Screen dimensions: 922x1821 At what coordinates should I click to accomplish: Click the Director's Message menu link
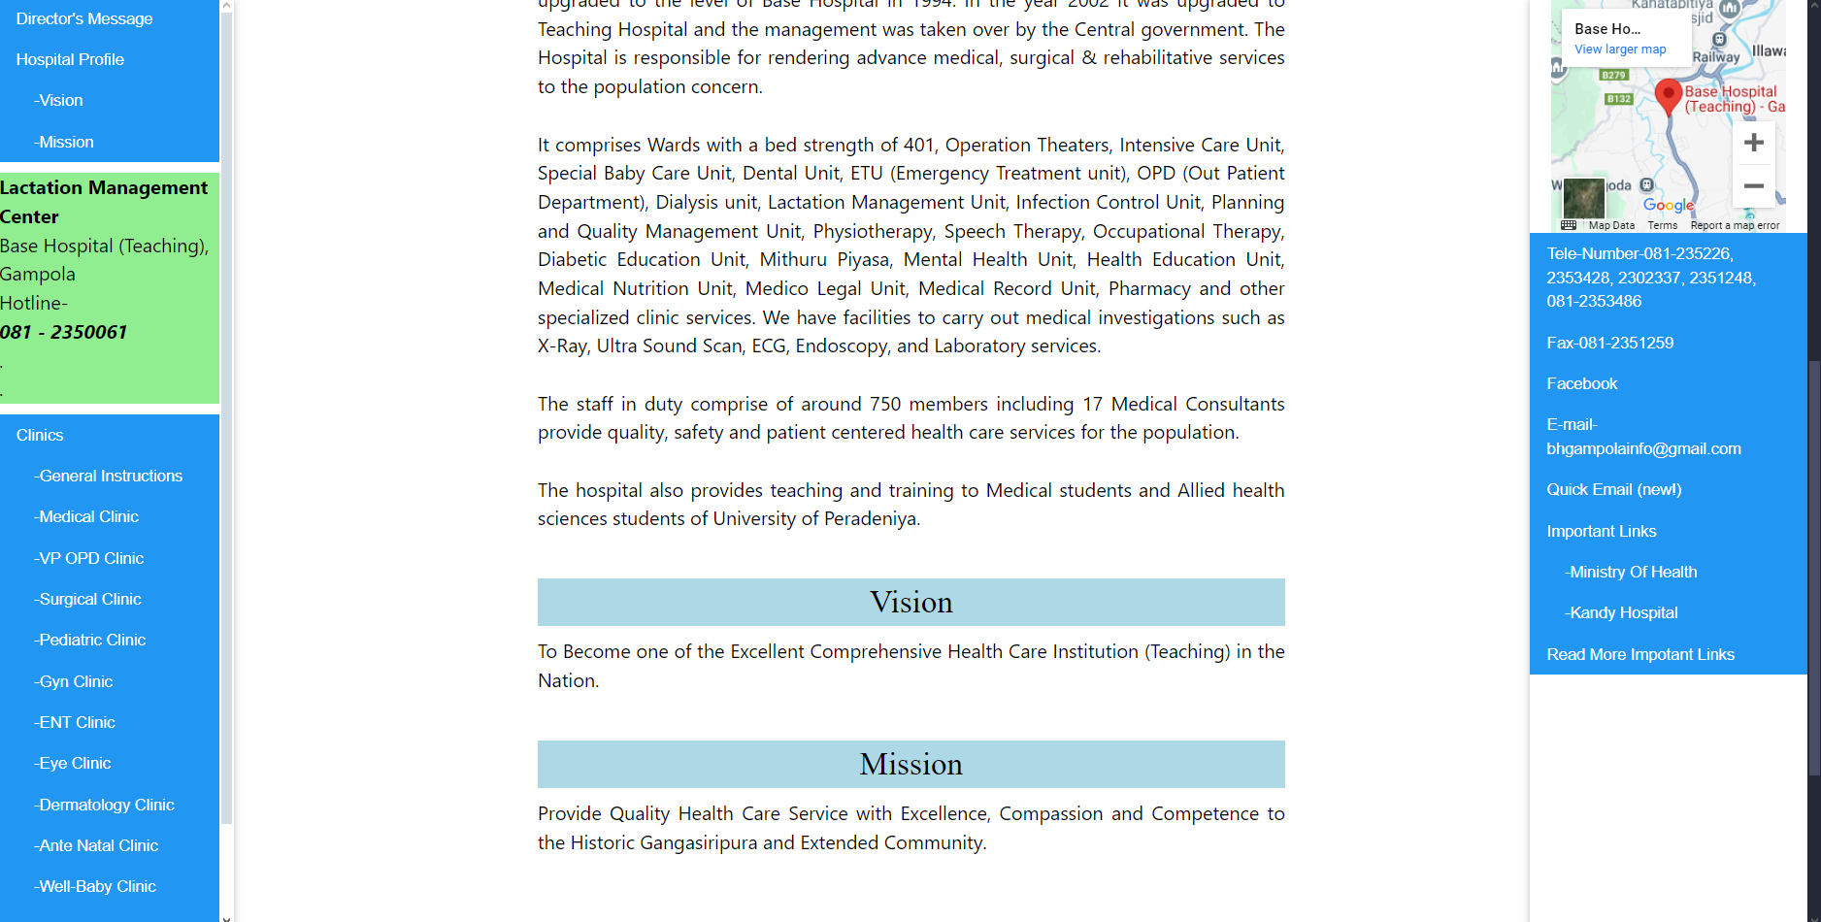click(x=84, y=18)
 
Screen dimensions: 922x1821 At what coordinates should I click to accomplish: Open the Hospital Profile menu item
click(x=70, y=59)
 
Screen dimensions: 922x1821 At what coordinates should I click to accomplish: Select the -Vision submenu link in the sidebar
click(x=60, y=100)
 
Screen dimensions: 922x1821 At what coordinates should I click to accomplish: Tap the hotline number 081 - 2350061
click(x=64, y=332)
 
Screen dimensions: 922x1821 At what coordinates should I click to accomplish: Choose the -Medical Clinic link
click(x=88, y=516)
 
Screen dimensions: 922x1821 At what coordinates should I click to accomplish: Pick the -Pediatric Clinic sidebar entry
click(x=92, y=640)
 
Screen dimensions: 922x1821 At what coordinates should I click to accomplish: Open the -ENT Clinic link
click(x=77, y=722)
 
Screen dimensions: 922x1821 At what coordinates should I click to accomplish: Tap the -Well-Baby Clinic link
click(x=97, y=886)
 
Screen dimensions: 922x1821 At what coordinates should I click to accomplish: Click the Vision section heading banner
click(x=910, y=602)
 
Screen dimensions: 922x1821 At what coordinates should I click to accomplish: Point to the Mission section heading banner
click(x=910, y=764)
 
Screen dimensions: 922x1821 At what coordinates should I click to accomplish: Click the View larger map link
click(x=1620, y=49)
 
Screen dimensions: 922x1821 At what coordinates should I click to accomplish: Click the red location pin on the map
click(x=1668, y=95)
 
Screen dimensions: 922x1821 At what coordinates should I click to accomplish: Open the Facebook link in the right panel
click(x=1582, y=383)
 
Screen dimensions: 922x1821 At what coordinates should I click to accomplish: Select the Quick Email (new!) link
click(x=1614, y=489)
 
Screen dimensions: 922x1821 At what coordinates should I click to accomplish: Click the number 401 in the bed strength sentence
click(x=918, y=145)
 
